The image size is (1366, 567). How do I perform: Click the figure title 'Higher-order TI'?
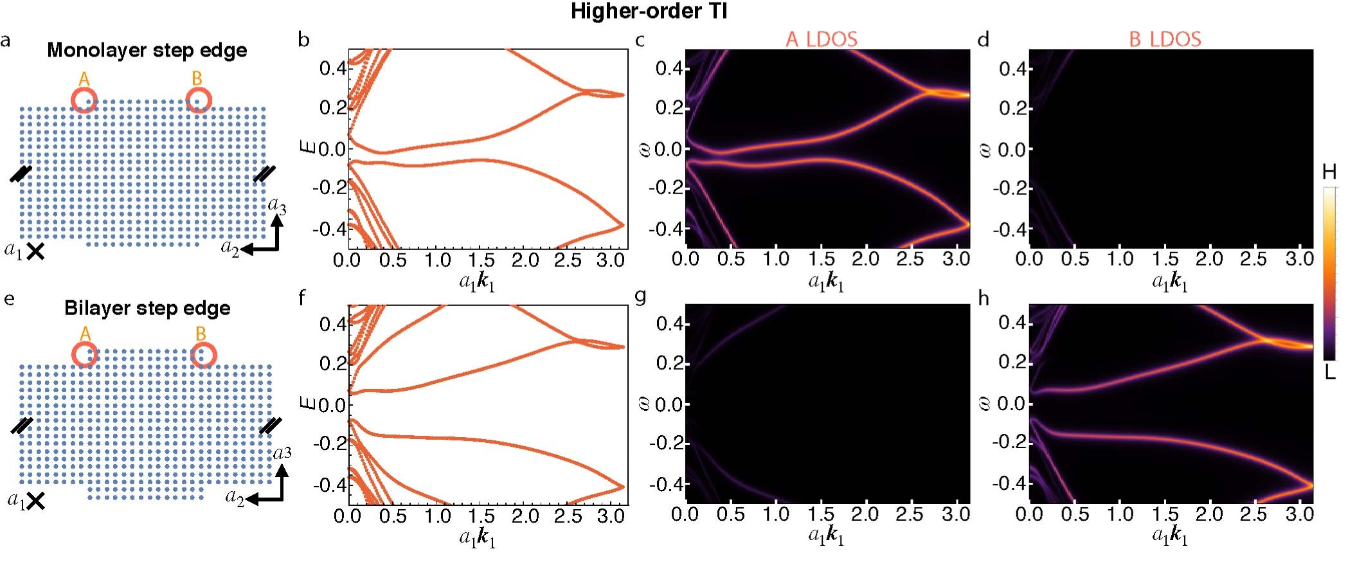pyautogui.click(x=649, y=11)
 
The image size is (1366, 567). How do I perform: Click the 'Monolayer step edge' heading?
pyautogui.click(x=147, y=50)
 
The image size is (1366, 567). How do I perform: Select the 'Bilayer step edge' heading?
pyautogui.click(x=147, y=308)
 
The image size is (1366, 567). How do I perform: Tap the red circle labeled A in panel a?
pyautogui.click(x=84, y=100)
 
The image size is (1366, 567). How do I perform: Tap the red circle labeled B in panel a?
pyautogui.click(x=198, y=100)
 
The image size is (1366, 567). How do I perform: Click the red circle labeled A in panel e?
pyautogui.click(x=85, y=355)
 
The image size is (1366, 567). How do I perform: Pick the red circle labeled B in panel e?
pyautogui.click(x=203, y=355)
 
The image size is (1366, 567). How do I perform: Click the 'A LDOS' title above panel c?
pyautogui.click(x=821, y=39)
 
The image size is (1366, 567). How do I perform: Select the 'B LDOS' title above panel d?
pyautogui.click(x=1165, y=39)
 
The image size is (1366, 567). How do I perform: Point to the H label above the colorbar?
pyautogui.click(x=1329, y=172)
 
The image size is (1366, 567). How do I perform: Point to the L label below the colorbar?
pyautogui.click(x=1330, y=372)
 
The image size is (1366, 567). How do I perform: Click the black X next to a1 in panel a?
pyautogui.click(x=35, y=251)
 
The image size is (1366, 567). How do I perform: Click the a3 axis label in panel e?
pyautogui.click(x=282, y=453)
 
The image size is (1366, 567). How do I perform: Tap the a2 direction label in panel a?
pyautogui.click(x=229, y=248)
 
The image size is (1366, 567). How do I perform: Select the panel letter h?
pyautogui.click(x=984, y=298)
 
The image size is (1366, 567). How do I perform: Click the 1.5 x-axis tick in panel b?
pyautogui.click(x=481, y=260)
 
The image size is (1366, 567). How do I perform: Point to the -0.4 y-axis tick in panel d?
pyautogui.click(x=1012, y=229)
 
